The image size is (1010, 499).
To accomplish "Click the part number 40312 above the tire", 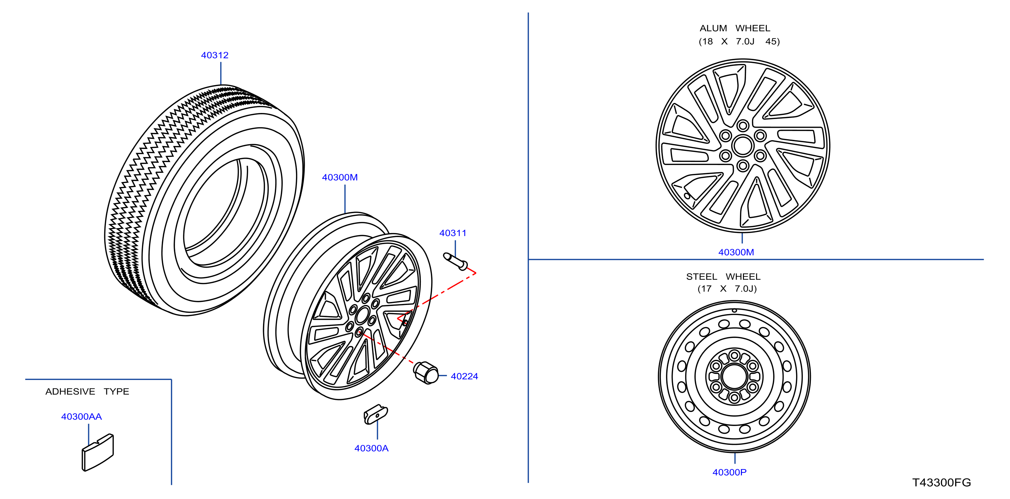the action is (215, 55).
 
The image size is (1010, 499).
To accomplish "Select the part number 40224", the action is (464, 376).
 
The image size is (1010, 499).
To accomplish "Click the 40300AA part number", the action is (81, 416).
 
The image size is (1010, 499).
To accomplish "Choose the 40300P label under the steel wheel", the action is (729, 472).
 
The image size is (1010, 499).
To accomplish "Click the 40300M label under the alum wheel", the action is (736, 252).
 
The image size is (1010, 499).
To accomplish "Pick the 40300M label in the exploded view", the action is (340, 177).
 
